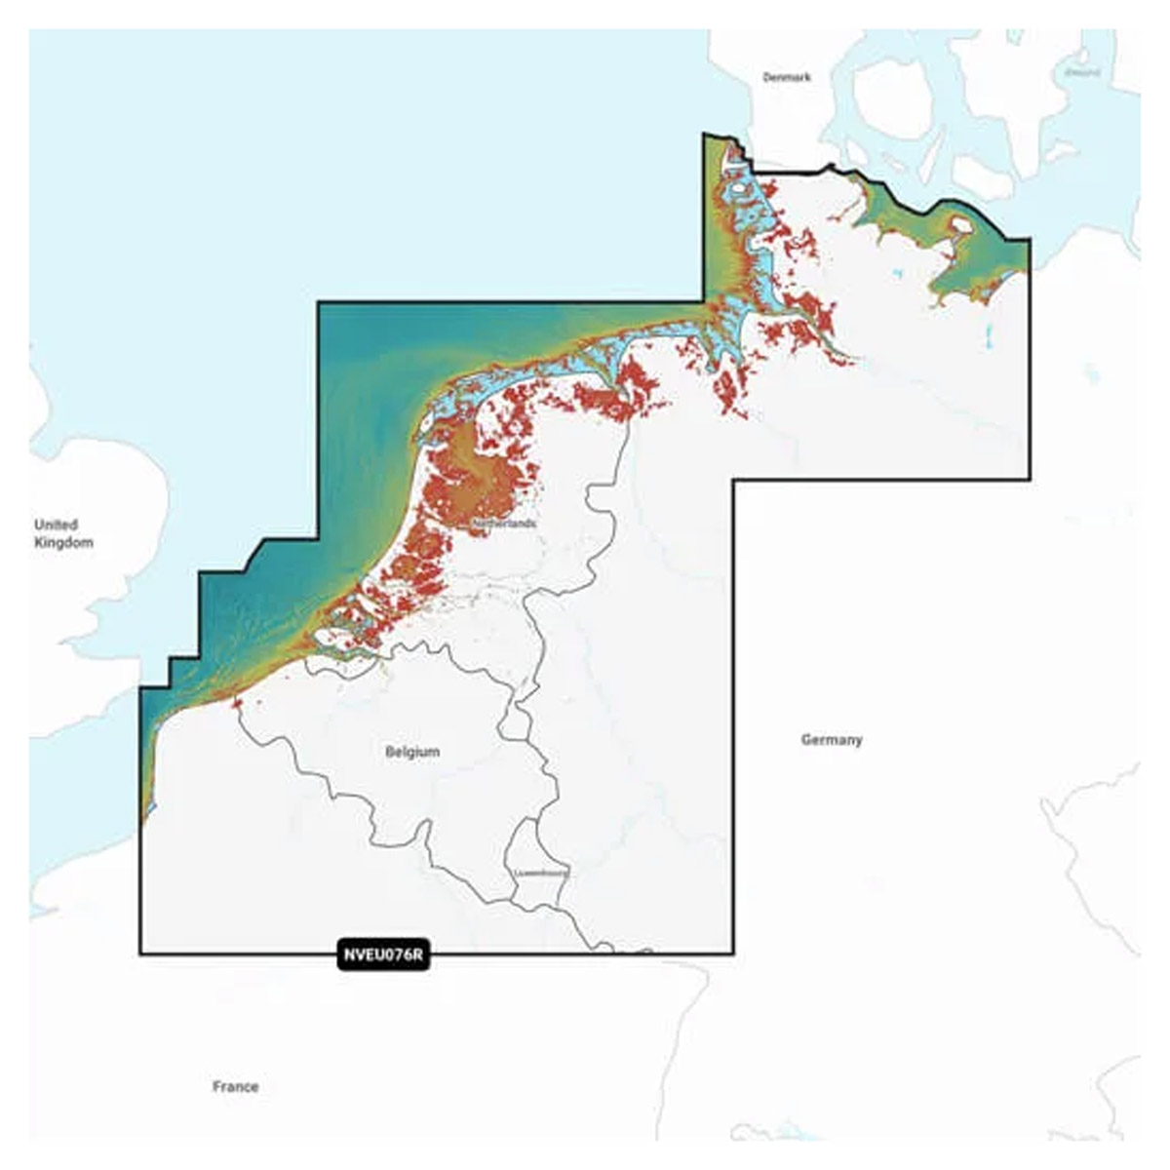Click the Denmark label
787,77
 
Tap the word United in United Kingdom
56,525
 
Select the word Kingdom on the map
63,543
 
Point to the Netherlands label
503,524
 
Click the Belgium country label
412,752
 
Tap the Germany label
832,740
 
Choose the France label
236,1086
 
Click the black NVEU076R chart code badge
383,955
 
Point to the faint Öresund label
1082,72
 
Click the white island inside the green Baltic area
960,225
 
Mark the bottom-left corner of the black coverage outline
140,954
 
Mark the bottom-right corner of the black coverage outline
733,954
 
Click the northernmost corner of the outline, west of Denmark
704,135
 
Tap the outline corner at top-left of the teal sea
318,302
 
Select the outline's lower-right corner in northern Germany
1030,479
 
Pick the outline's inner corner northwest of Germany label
734,480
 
